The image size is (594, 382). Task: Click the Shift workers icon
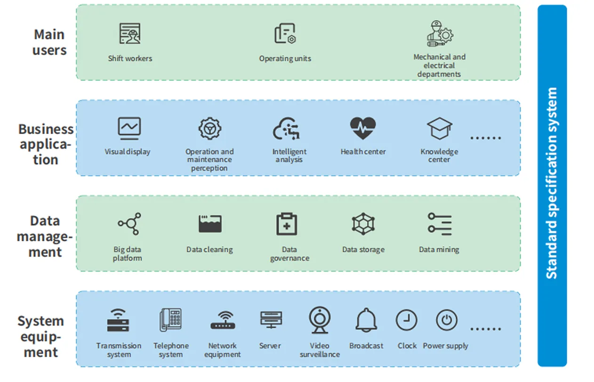129,33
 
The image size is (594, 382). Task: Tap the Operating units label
285,59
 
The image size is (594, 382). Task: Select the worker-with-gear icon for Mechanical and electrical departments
440,34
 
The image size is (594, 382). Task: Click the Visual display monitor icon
129,128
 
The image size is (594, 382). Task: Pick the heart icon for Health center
363,128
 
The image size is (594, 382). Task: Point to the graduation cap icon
440,128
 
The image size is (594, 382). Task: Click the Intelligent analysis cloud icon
287,128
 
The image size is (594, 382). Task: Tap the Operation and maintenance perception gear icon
210,128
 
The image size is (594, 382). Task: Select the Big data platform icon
129,224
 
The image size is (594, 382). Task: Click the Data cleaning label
209,249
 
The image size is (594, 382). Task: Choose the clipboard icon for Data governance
287,224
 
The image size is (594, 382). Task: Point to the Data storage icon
363,224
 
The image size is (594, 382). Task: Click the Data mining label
439,249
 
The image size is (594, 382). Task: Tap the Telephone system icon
171,320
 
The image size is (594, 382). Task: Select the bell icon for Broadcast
366,320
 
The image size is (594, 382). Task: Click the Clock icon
407,320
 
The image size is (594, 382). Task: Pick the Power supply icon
447,320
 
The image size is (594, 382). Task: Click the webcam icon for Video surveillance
320,320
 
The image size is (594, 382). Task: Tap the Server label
270,346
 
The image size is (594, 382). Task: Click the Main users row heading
49,42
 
